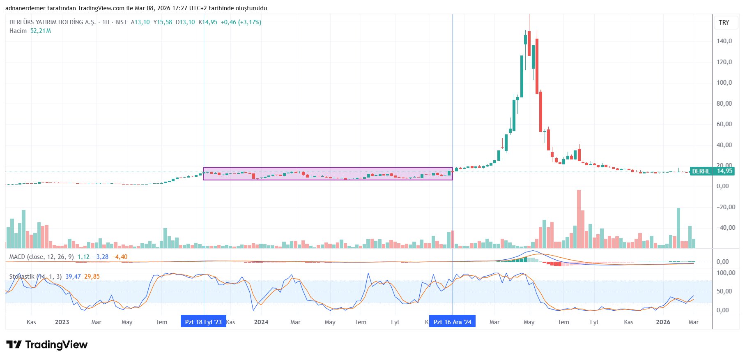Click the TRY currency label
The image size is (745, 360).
click(724, 23)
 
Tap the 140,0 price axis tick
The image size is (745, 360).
click(724, 41)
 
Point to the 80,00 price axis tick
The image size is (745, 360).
click(724, 104)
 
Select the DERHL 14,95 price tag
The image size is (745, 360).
click(712, 171)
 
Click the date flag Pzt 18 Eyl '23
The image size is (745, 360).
click(203, 322)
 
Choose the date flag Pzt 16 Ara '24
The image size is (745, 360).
click(452, 322)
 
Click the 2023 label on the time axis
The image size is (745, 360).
click(62, 322)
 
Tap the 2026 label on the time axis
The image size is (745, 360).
click(663, 322)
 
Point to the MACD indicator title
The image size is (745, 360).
click(41, 257)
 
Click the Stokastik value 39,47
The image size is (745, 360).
click(73, 277)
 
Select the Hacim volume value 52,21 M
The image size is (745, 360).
click(41, 31)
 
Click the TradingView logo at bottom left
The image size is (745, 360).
click(47, 344)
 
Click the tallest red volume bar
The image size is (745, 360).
click(579, 219)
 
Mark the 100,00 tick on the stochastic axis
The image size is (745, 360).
click(726, 273)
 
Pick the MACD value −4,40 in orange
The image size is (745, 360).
click(120, 257)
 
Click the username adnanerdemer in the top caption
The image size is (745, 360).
click(25, 8)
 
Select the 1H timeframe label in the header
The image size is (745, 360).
click(106, 22)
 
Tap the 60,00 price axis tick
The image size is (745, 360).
click(724, 124)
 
